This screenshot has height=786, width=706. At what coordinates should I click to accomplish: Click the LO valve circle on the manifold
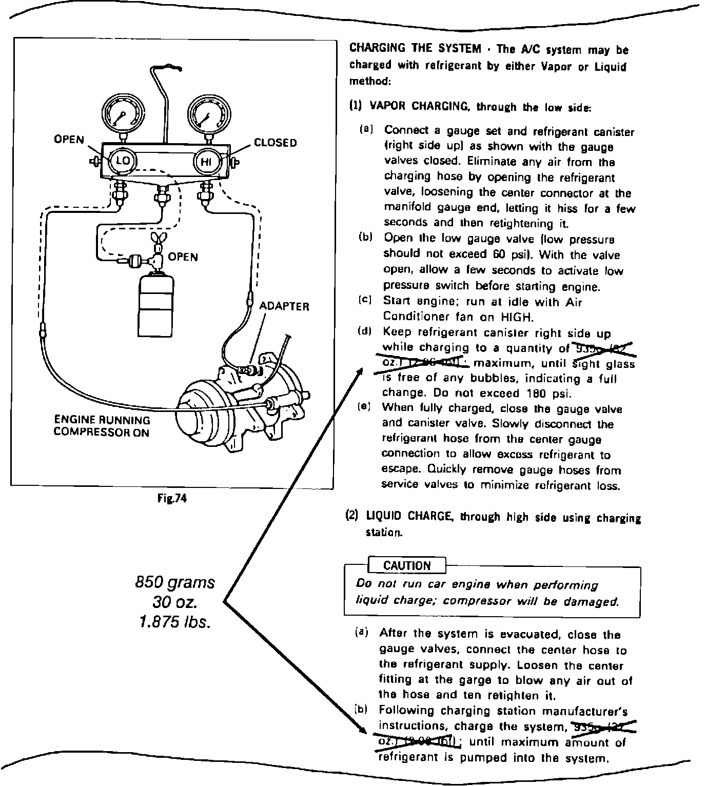(x=123, y=161)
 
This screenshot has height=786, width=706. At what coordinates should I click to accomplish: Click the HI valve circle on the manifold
(x=206, y=162)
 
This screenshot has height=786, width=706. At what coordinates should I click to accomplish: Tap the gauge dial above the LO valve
(x=123, y=113)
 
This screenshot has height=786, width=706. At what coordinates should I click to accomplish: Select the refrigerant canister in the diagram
(x=155, y=301)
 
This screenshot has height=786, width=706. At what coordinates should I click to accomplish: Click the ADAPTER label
(x=284, y=306)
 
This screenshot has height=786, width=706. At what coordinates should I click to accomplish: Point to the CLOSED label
(x=276, y=143)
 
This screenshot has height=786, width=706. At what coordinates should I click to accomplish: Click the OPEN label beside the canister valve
(x=183, y=257)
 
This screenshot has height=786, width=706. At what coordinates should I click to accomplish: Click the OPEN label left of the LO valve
(x=69, y=140)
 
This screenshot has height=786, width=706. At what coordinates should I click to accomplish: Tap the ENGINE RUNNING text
(x=102, y=420)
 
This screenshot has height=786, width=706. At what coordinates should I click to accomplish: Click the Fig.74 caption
(x=172, y=498)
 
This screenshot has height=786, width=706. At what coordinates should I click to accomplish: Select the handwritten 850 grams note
(x=175, y=582)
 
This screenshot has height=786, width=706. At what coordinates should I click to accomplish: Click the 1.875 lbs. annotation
(x=175, y=622)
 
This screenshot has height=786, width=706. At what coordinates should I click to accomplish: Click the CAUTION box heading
(x=407, y=565)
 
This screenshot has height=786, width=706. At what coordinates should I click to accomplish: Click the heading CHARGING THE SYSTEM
(x=415, y=49)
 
